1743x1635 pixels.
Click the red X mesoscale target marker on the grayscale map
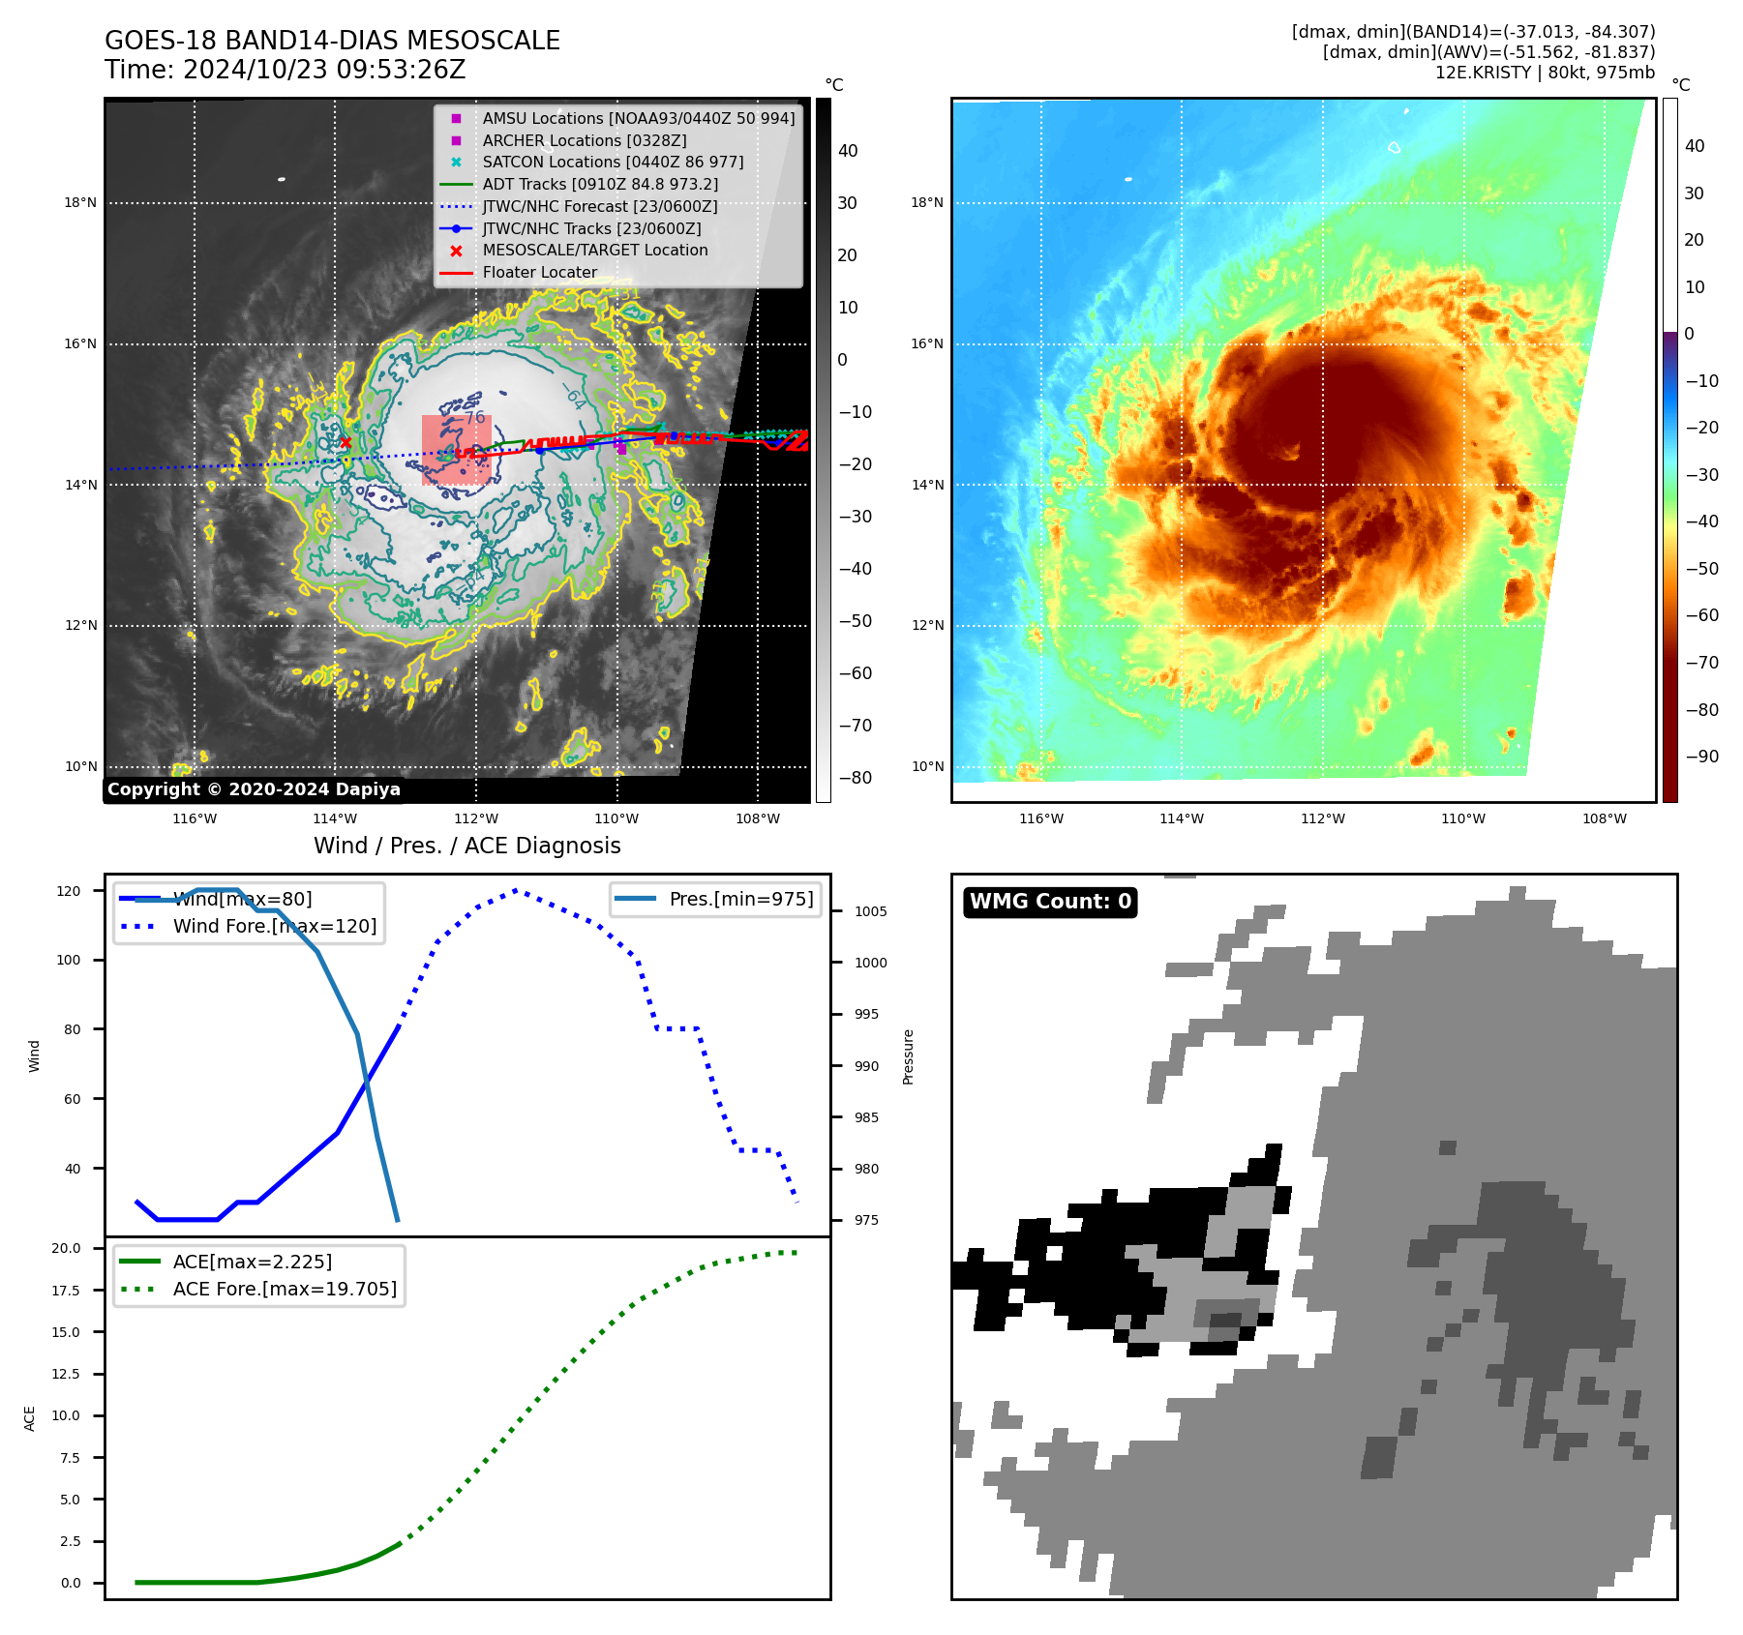[x=346, y=442]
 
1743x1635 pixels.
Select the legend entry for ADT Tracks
[x=600, y=184]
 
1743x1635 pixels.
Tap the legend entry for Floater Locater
[x=539, y=272]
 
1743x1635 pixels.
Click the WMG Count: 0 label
[x=1050, y=902]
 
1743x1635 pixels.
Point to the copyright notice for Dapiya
[x=254, y=789]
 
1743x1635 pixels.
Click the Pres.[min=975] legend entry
[x=740, y=899]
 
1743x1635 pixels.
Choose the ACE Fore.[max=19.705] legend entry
[x=285, y=1289]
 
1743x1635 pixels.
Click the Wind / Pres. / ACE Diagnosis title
[x=466, y=846]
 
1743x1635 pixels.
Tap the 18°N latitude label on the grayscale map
[x=80, y=203]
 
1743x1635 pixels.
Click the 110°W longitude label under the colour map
[x=1462, y=818]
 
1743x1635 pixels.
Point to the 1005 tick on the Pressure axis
[x=870, y=911]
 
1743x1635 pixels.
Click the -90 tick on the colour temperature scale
[x=1701, y=757]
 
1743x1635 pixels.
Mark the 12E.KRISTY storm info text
[x=1545, y=73]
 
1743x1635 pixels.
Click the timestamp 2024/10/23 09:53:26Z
[x=323, y=70]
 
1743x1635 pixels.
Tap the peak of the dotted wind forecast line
[x=515, y=890]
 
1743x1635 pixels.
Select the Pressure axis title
[x=908, y=1056]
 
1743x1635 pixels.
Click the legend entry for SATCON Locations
[x=613, y=162]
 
